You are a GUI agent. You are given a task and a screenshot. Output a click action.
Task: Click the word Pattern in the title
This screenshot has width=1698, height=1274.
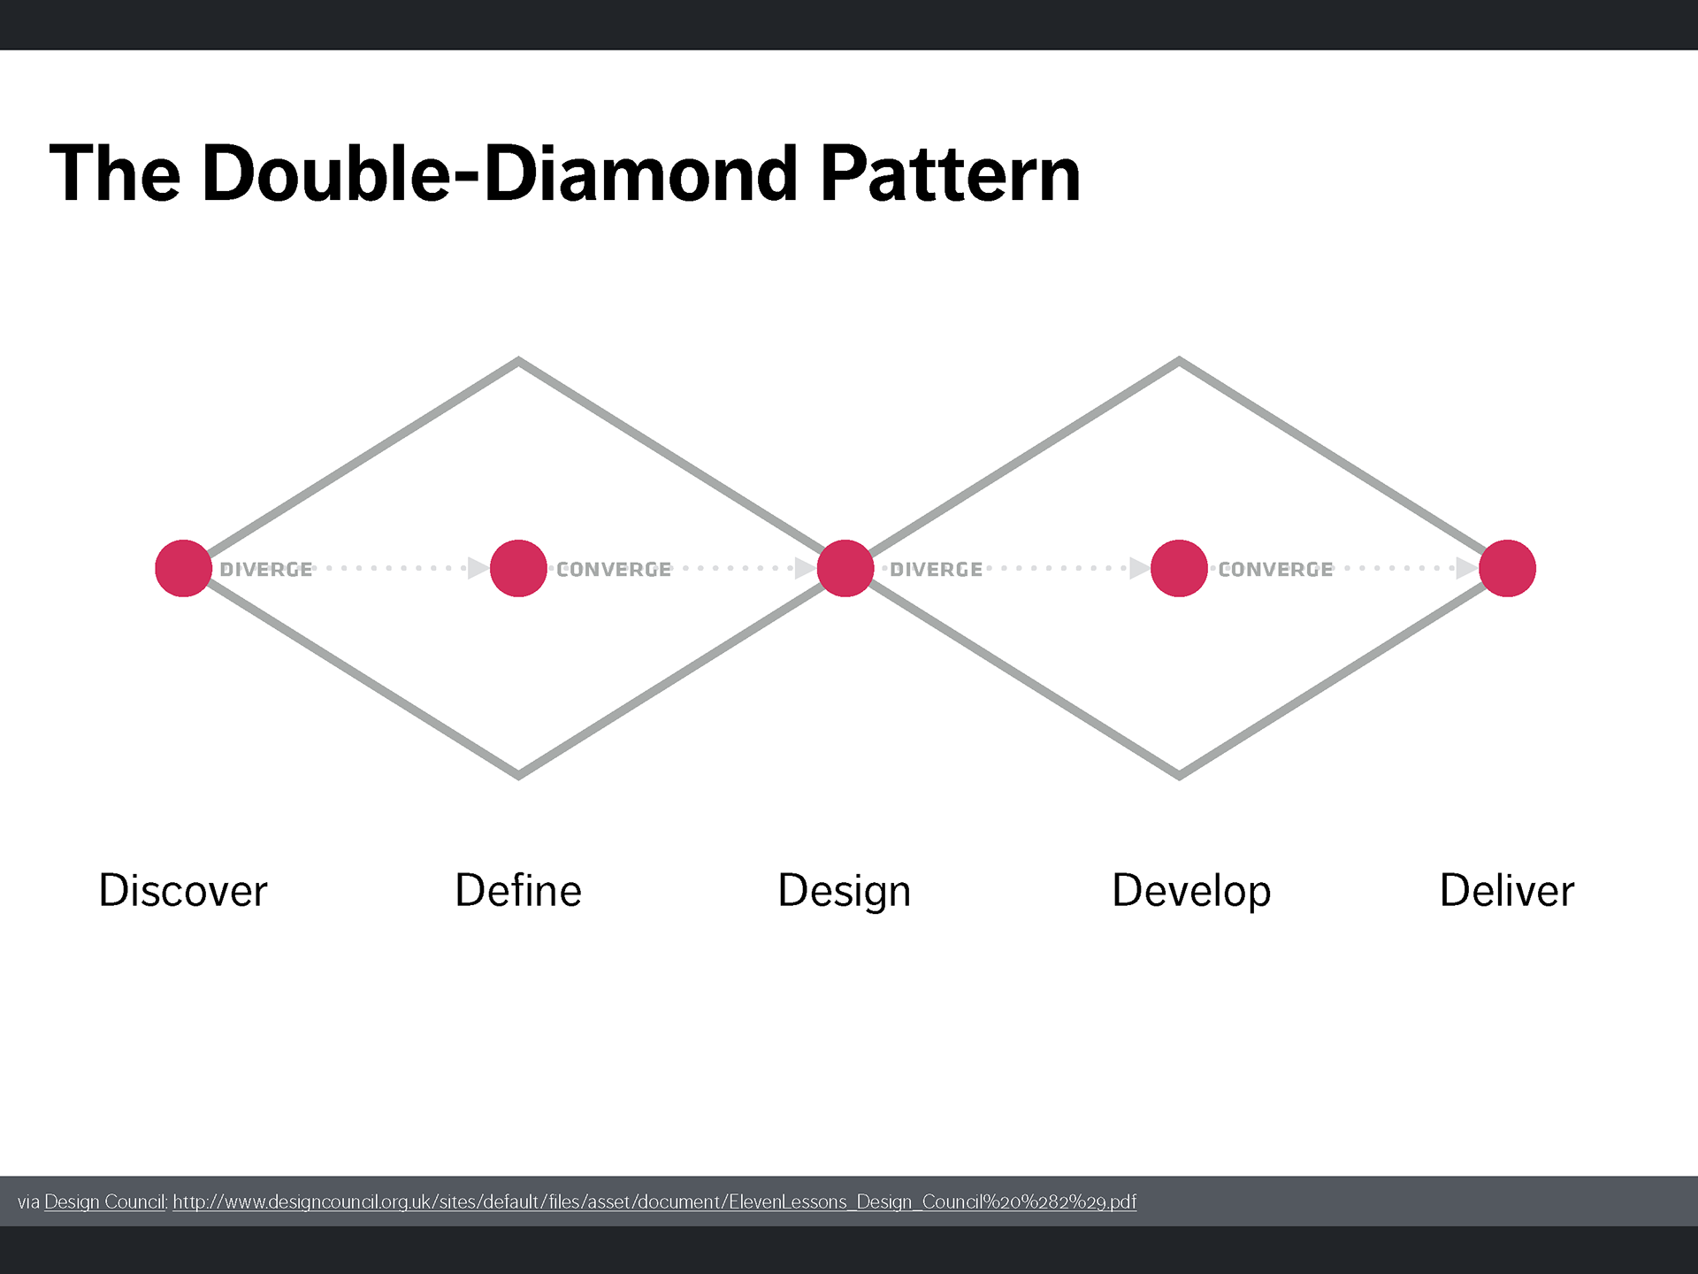(951, 173)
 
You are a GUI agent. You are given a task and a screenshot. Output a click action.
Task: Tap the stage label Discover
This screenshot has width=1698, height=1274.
(183, 890)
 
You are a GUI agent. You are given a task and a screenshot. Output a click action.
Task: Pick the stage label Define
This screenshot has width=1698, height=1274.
(518, 890)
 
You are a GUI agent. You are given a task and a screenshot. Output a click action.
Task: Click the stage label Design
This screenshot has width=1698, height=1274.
(845, 892)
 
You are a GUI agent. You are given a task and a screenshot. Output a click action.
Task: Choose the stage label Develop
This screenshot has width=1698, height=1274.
(1191, 892)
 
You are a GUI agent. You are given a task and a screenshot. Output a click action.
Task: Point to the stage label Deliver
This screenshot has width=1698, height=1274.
(1507, 890)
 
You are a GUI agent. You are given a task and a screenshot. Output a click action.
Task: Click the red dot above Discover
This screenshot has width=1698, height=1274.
(183, 569)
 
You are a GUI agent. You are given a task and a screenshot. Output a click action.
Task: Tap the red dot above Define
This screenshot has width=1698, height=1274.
(518, 569)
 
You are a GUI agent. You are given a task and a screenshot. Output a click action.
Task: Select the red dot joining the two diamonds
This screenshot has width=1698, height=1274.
(845, 569)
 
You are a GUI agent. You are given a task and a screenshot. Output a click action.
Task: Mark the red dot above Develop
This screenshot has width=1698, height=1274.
(1179, 569)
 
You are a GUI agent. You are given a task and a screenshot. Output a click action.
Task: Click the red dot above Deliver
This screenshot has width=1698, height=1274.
(1507, 569)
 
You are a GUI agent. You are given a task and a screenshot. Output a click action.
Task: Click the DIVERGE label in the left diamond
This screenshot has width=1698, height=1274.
(266, 570)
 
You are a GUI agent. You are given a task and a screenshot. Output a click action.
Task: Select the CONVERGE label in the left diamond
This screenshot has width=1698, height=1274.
(614, 570)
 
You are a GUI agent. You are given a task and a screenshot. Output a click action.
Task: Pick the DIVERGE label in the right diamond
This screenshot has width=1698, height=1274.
(937, 570)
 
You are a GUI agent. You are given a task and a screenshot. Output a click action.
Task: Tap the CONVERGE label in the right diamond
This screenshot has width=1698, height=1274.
(1275, 570)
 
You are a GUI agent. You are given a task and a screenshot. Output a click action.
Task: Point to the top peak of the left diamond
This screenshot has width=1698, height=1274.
(518, 360)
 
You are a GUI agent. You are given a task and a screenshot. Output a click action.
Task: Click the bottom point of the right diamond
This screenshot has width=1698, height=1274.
(1179, 776)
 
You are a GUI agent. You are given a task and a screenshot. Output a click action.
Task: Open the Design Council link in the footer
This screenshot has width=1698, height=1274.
(105, 1201)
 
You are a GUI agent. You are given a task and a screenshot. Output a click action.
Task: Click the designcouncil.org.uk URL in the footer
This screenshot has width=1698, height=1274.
(654, 1201)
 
